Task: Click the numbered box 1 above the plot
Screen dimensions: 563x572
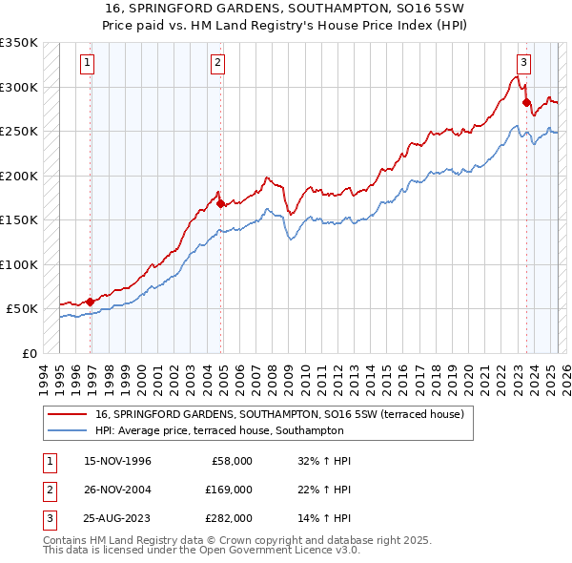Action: [87, 64]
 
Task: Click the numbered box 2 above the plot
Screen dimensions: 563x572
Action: [218, 64]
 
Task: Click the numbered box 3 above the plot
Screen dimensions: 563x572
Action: [523, 64]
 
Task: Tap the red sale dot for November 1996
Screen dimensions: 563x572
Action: [91, 302]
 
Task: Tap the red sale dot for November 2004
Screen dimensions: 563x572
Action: [221, 203]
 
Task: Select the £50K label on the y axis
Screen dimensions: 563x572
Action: [22, 309]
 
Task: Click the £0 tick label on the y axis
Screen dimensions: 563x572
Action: [31, 353]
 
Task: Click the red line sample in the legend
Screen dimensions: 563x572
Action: [67, 414]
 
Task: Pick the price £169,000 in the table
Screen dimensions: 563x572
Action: [229, 490]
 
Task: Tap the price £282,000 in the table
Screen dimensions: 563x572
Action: [229, 518]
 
